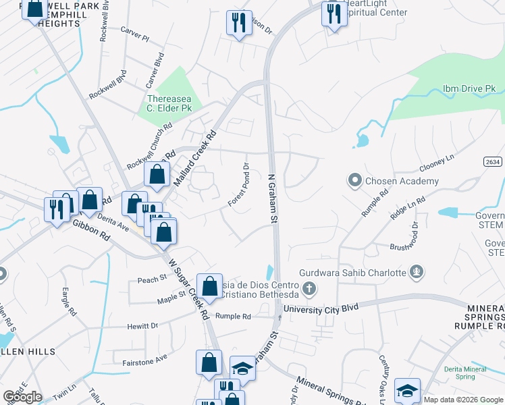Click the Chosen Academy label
point(401,181)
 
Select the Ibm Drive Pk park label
point(469,88)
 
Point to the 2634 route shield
point(493,162)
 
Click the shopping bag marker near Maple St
point(210,286)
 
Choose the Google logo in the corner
point(22,396)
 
